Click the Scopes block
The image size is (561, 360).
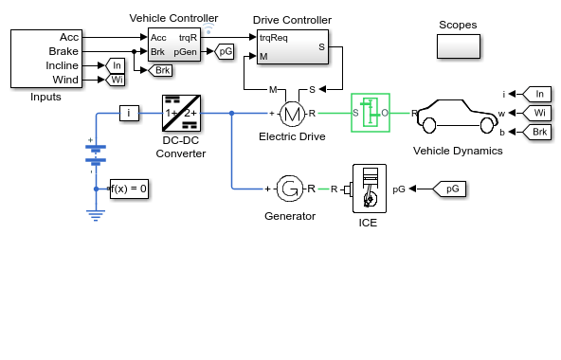point(459,46)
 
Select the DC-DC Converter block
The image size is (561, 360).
point(181,113)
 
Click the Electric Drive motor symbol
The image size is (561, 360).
point(292,114)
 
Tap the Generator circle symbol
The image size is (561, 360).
point(289,189)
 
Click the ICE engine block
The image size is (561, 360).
point(370,189)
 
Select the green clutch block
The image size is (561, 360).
point(371,113)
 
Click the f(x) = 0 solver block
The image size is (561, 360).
point(129,189)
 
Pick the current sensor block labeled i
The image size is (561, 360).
point(129,113)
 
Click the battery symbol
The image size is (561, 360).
point(96,155)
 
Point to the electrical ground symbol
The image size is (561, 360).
point(96,215)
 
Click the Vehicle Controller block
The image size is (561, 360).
point(174,45)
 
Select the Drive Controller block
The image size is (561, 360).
point(293,46)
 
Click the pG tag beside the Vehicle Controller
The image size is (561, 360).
point(225,51)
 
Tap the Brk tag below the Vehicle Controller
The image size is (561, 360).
point(160,70)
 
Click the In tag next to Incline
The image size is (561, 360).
point(116,65)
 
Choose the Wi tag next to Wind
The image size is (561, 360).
point(116,80)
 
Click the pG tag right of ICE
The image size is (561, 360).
point(449,189)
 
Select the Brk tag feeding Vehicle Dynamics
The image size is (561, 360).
point(536,132)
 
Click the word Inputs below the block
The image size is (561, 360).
point(45,97)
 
